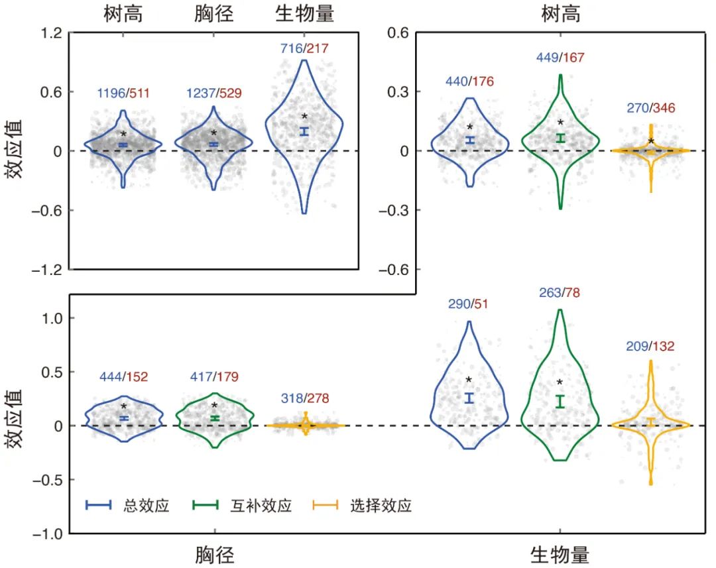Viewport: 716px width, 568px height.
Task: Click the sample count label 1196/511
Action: pyautogui.click(x=123, y=93)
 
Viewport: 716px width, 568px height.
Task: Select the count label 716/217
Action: pyautogui.click(x=304, y=48)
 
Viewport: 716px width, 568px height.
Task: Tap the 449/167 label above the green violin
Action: pyautogui.click(x=560, y=58)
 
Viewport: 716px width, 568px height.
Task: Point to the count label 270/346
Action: pyautogui.click(x=651, y=108)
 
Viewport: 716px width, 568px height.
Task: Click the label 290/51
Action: pyautogui.click(x=468, y=304)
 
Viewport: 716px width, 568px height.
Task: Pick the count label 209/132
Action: pyautogui.click(x=650, y=346)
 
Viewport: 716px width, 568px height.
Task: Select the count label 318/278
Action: pyautogui.click(x=305, y=398)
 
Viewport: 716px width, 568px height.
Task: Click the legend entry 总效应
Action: pyautogui.click(x=128, y=505)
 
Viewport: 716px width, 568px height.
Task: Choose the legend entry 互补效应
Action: pyautogui.click(x=242, y=505)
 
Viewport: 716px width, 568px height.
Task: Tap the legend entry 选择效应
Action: pyautogui.click(x=363, y=505)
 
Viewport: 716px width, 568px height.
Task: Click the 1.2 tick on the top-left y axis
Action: pyautogui.click(x=51, y=33)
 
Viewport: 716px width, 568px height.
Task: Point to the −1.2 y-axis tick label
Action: pyautogui.click(x=47, y=270)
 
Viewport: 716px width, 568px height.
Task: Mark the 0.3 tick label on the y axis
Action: pyautogui.click(x=398, y=91)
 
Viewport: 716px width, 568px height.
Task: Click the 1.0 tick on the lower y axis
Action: pyautogui.click(x=52, y=318)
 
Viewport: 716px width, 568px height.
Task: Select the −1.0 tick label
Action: pyautogui.click(x=48, y=534)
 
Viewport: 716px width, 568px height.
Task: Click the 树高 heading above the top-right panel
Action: pyautogui.click(x=561, y=14)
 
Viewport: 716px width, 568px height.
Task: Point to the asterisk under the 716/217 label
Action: pyautogui.click(x=304, y=117)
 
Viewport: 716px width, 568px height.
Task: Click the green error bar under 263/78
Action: pyautogui.click(x=560, y=402)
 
